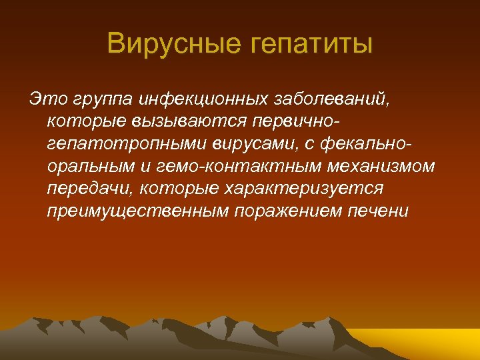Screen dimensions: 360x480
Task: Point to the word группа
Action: coord(100,100)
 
